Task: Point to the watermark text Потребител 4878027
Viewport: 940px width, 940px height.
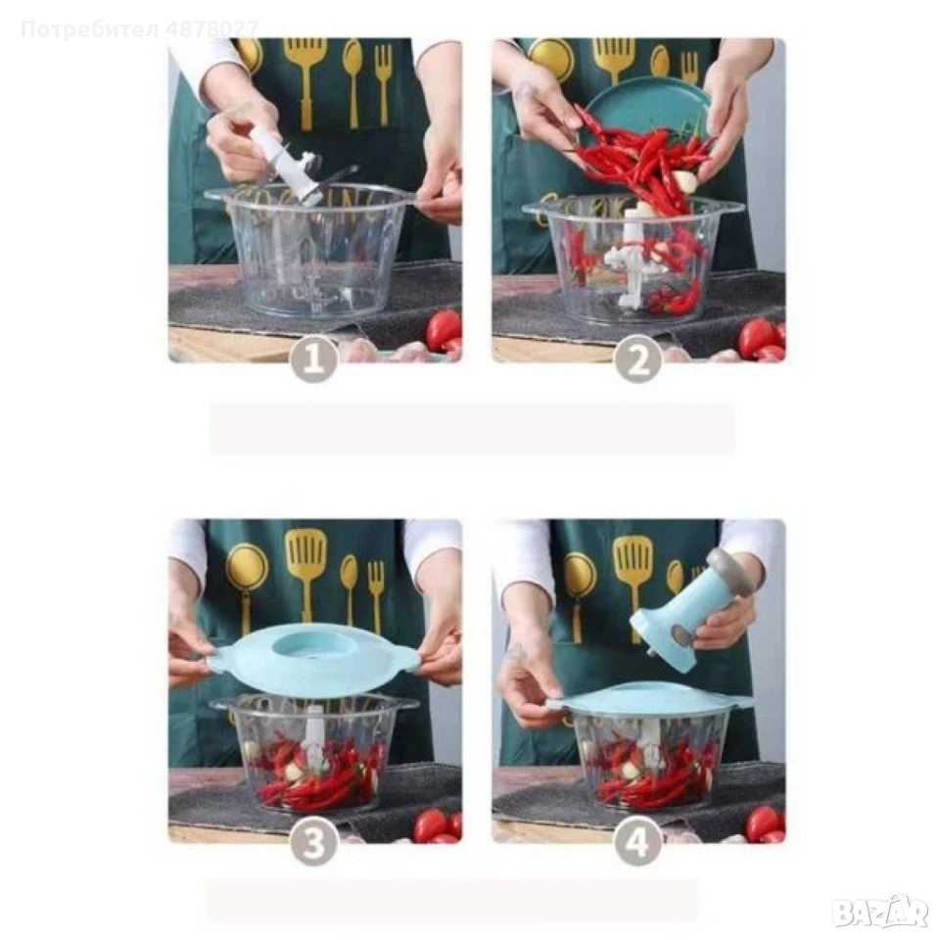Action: (140, 28)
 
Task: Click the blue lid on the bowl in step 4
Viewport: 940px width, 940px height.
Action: (650, 700)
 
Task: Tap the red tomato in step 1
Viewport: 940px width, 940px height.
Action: (443, 331)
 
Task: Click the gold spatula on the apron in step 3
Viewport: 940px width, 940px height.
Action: (306, 574)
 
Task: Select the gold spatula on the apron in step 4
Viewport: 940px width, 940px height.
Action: (633, 583)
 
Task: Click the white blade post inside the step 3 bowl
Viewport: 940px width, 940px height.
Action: (313, 736)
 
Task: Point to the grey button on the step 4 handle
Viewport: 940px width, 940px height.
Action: (680, 635)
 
